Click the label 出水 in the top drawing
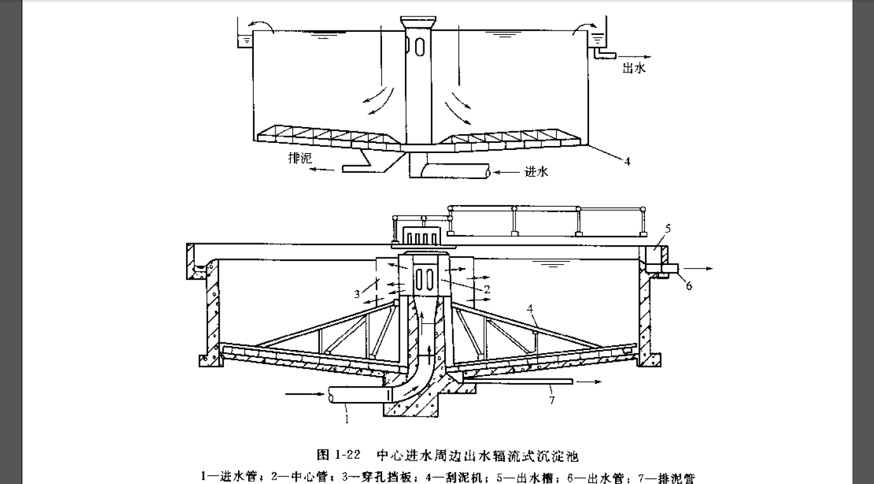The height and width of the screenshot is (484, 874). tap(634, 69)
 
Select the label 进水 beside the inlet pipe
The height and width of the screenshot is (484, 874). tap(536, 171)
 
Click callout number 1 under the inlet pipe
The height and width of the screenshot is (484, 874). tap(347, 419)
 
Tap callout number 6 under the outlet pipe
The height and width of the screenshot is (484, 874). tap(689, 285)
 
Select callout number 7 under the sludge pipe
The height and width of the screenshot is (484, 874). tap(552, 400)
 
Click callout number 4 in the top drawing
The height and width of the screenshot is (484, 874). tap(626, 161)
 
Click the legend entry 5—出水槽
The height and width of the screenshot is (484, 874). tap(524, 476)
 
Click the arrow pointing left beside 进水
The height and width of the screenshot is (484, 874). tap(505, 171)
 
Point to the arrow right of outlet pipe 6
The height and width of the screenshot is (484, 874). tap(701, 269)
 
